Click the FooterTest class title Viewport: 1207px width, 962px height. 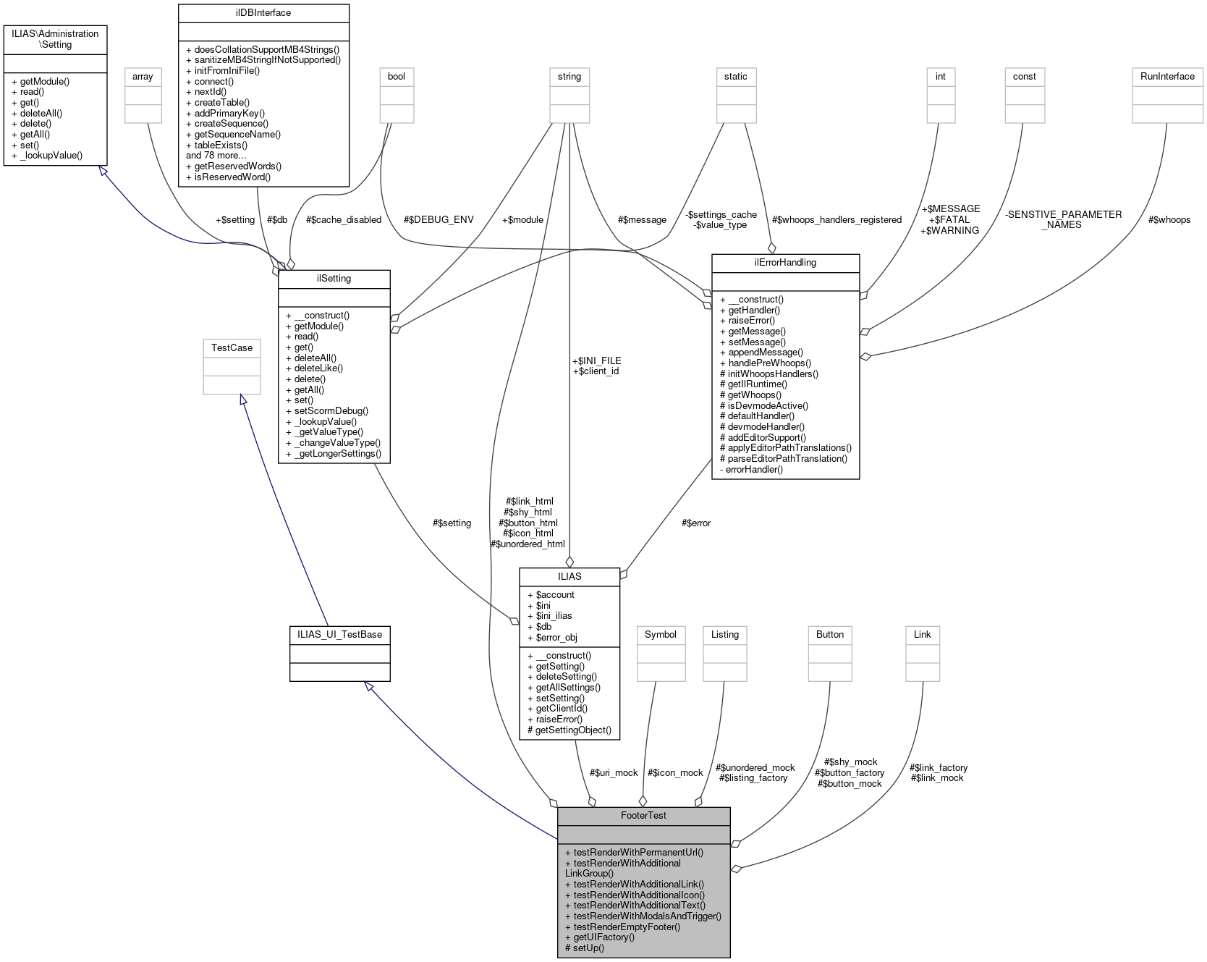(643, 815)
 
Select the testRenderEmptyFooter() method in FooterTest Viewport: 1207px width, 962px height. (622, 926)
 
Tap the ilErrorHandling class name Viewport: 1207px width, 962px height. (785, 262)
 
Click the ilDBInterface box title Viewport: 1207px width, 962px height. (263, 12)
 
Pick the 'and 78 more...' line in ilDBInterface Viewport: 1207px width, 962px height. (216, 155)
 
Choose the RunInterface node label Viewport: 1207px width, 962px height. (1166, 76)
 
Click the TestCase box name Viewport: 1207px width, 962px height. (232, 347)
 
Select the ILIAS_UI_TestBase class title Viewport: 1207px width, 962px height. (339, 634)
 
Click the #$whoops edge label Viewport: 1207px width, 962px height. (1169, 219)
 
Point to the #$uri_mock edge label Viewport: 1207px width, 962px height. (614, 772)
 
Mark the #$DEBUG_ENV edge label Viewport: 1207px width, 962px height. (439, 219)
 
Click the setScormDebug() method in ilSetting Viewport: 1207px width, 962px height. (326, 410)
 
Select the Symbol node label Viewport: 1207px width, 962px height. (660, 634)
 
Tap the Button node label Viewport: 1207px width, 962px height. (829, 634)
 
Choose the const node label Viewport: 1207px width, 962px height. (1024, 76)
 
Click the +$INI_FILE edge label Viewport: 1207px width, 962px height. (596, 360)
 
